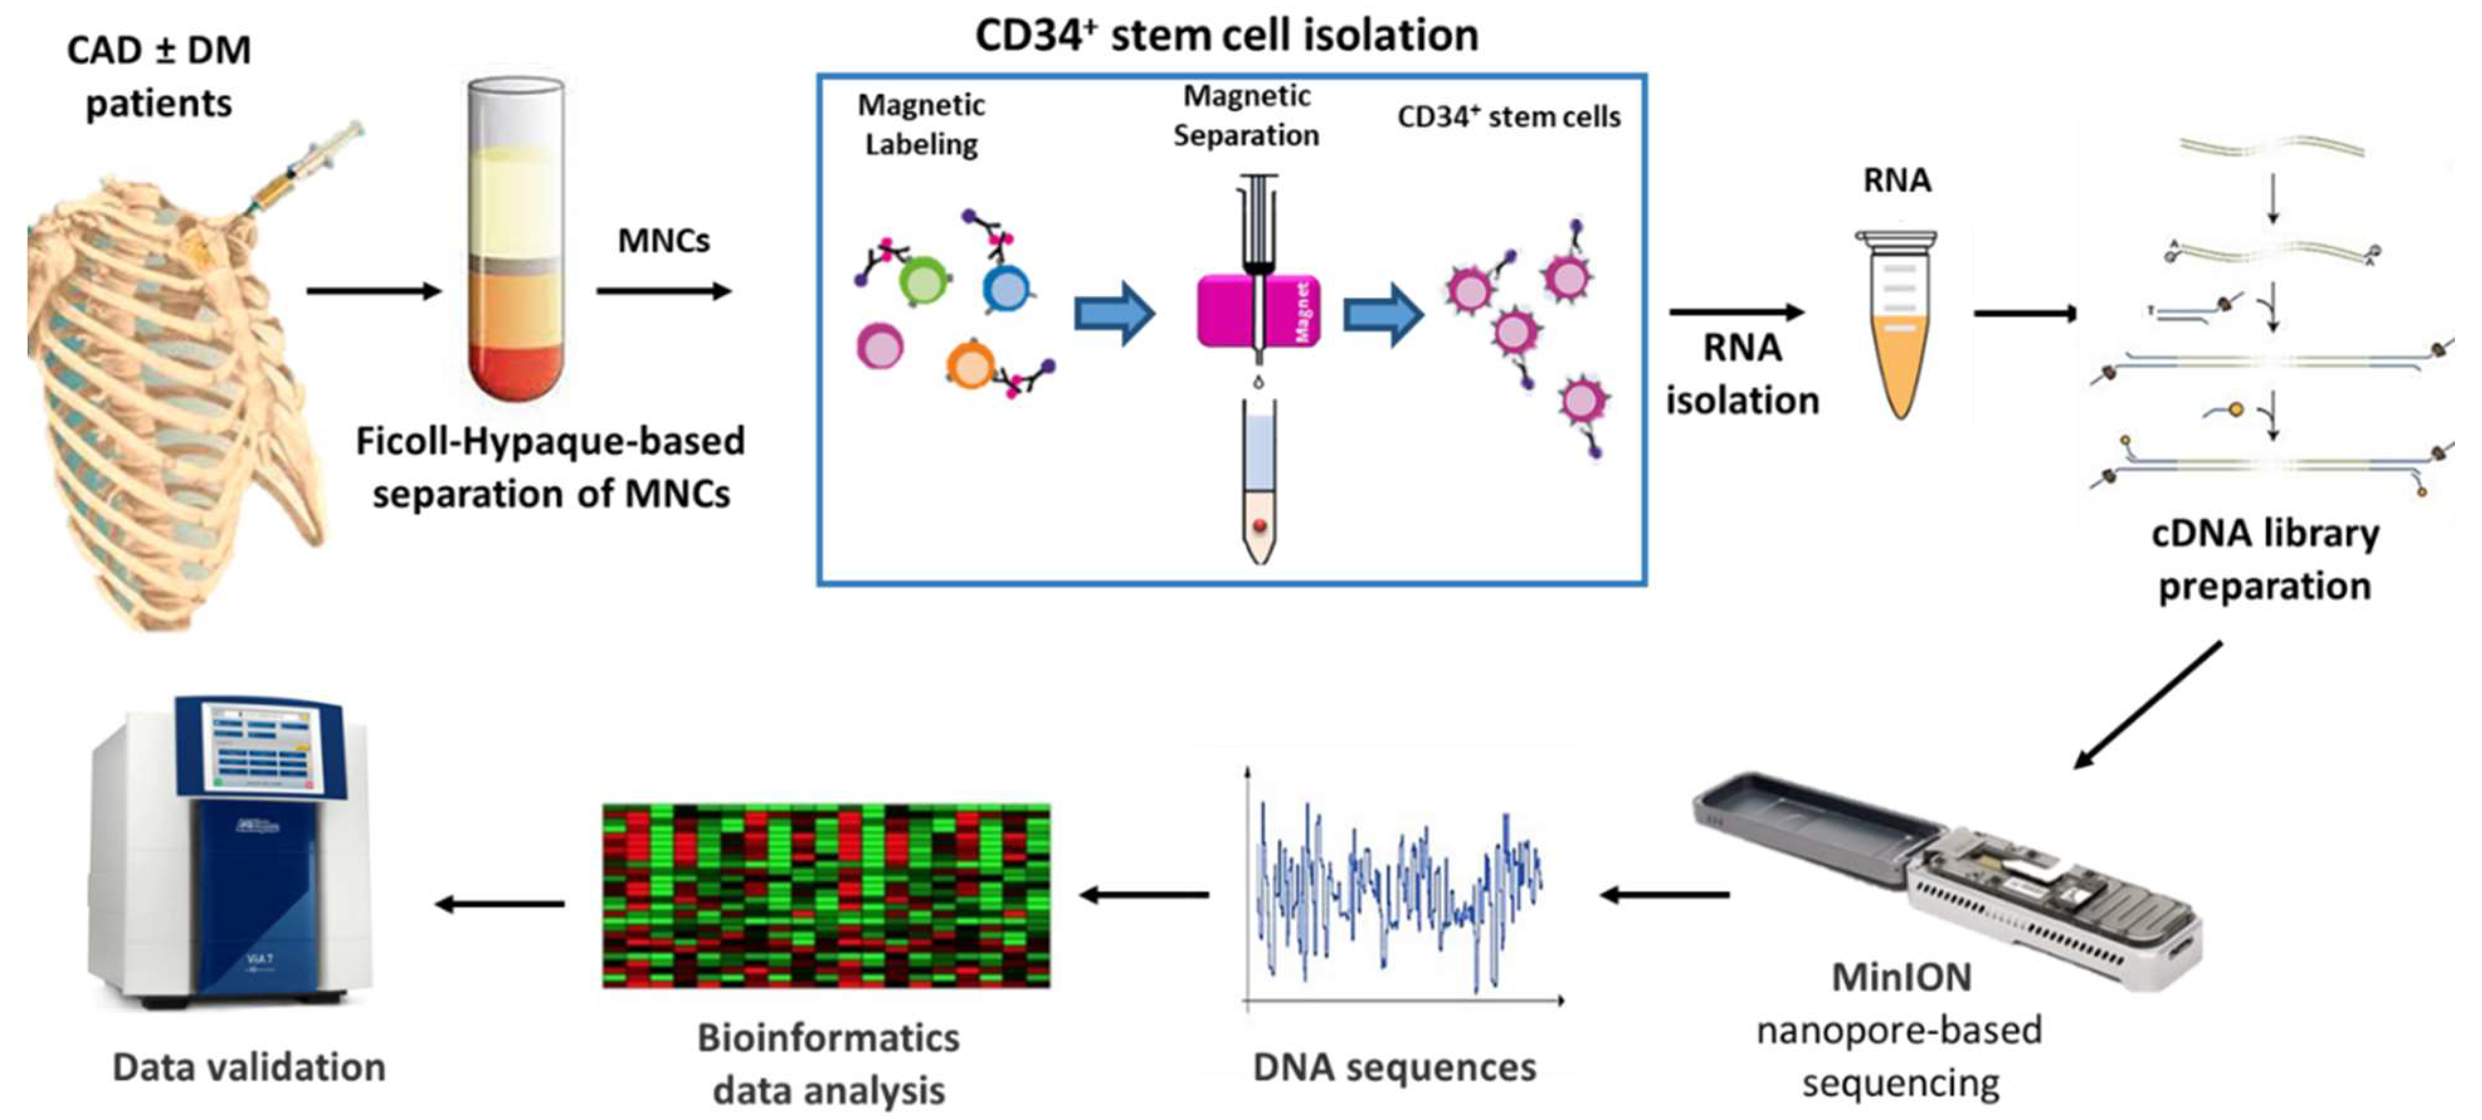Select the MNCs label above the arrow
[663, 241]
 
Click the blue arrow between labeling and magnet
[1114, 313]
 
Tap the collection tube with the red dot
[1260, 482]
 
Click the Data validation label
[249, 1067]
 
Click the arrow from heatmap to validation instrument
[500, 903]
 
